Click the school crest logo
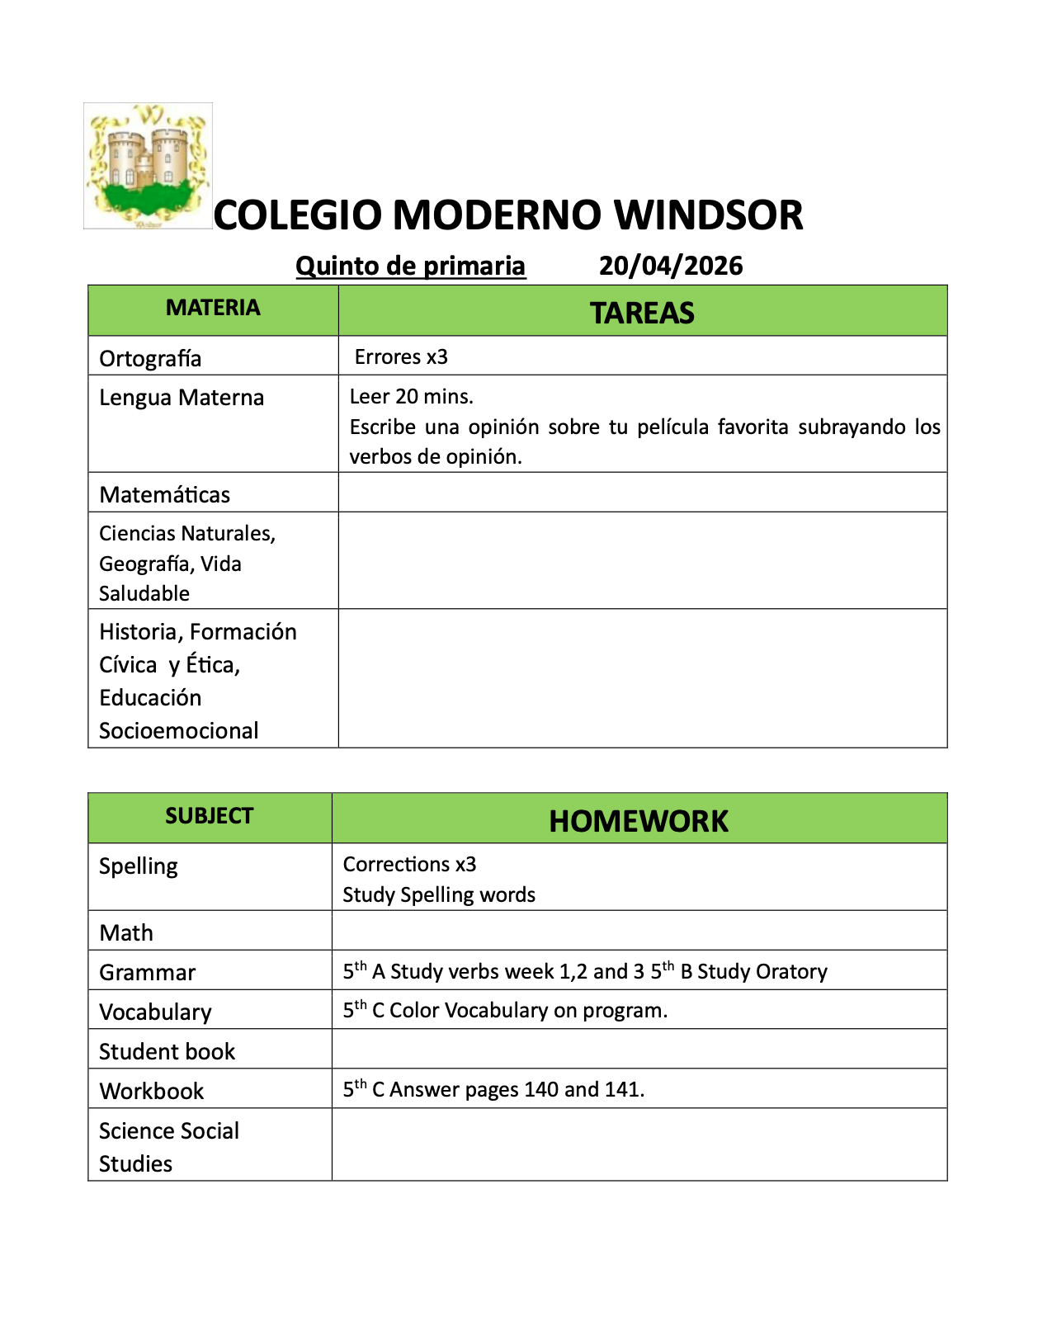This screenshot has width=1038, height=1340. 148,166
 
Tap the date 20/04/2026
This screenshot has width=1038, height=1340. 670,266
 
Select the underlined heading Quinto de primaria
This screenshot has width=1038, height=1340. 410,266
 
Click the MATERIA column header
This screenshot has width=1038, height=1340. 213,308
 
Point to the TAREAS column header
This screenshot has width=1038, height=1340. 642,313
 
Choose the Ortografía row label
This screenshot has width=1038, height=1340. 150,358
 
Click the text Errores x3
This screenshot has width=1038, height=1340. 401,356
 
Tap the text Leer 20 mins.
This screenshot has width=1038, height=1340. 411,396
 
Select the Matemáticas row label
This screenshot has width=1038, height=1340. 164,494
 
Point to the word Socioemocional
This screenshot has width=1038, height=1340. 178,730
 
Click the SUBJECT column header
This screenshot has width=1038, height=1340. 209,816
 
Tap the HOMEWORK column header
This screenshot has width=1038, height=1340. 638,821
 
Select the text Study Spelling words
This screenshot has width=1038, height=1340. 439,894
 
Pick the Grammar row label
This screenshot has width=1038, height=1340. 147,972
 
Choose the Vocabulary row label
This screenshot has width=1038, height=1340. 155,1012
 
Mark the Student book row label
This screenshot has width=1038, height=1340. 167,1051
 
